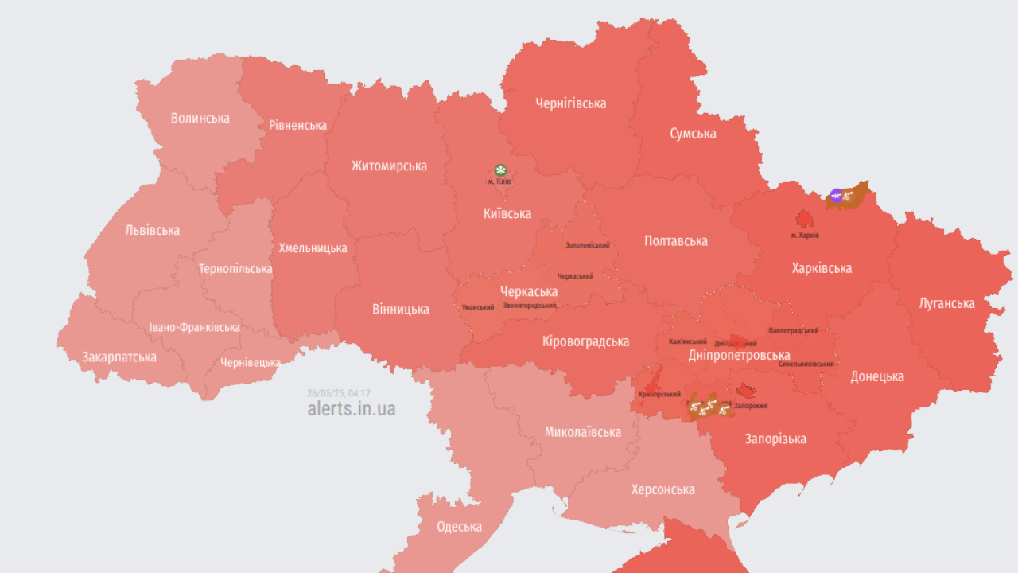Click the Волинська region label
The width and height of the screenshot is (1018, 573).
[200, 118]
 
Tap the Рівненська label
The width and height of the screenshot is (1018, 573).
[297, 125]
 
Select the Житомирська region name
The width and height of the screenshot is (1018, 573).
[389, 166]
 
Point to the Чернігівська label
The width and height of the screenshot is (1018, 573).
[570, 103]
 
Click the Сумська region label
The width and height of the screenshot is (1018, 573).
[692, 133]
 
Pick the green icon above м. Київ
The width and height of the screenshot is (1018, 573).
[500, 170]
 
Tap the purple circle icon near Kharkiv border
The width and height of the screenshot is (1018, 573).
[836, 195]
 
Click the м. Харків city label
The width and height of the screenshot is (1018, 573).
[805, 236]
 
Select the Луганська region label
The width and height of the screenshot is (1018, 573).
[946, 303]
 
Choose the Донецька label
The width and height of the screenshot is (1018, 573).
[877, 376]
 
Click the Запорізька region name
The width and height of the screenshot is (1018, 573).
[775, 439]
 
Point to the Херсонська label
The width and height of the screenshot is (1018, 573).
[662, 489]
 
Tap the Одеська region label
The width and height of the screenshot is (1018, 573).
[459, 526]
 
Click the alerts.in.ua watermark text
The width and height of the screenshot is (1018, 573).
[351, 409]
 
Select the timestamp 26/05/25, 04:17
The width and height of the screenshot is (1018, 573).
[339, 393]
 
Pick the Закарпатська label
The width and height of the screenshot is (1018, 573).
[119, 357]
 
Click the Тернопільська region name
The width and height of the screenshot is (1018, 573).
[235, 268]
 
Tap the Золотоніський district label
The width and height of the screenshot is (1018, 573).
[587, 245]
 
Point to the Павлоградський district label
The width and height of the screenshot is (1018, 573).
[793, 330]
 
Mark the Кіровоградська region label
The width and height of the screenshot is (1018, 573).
[585, 341]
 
